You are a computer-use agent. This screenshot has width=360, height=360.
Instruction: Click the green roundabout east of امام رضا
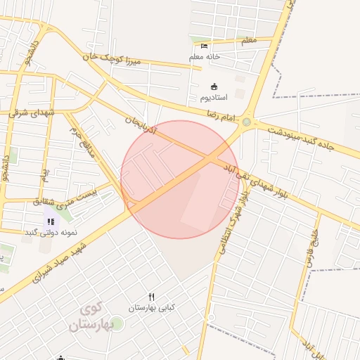point(246,122)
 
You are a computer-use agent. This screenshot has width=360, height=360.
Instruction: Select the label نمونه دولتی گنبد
point(50,232)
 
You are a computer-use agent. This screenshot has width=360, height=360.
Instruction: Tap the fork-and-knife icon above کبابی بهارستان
point(151,297)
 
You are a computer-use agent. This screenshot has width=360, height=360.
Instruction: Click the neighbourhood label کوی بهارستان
point(91,319)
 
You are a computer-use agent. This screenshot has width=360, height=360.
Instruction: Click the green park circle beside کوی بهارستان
point(117,323)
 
